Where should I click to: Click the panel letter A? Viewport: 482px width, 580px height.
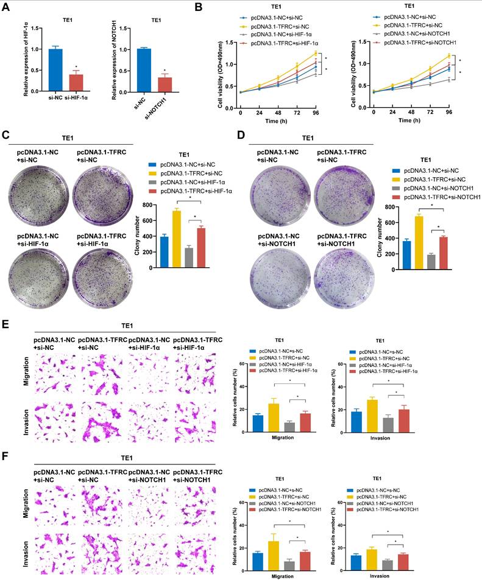pos(7,7)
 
